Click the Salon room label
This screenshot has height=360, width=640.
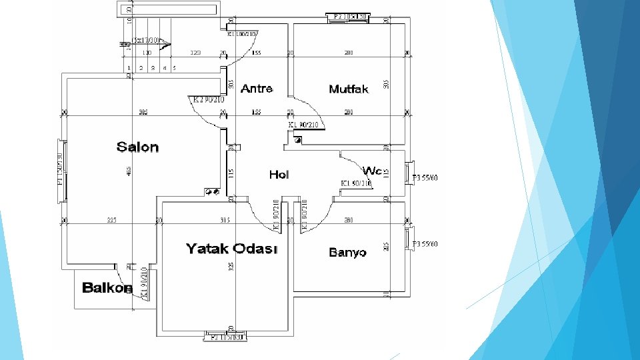point(138,147)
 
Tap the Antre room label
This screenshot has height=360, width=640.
point(257,89)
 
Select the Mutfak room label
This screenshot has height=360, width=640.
point(349,89)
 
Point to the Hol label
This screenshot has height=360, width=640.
point(279,175)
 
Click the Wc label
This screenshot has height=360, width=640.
point(372,171)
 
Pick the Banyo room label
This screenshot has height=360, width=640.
point(348,253)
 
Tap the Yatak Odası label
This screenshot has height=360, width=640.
point(231,249)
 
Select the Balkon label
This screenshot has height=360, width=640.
point(107,288)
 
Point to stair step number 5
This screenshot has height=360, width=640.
point(174,68)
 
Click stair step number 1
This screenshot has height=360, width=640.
point(129,68)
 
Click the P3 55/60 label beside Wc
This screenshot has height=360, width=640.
point(426,178)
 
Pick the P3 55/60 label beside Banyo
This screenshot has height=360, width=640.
point(426,245)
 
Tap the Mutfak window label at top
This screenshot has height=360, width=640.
point(349,15)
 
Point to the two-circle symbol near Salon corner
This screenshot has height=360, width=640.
point(213,192)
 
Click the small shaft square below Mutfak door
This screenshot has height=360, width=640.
point(298,140)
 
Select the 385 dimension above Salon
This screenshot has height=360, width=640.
point(143,112)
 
